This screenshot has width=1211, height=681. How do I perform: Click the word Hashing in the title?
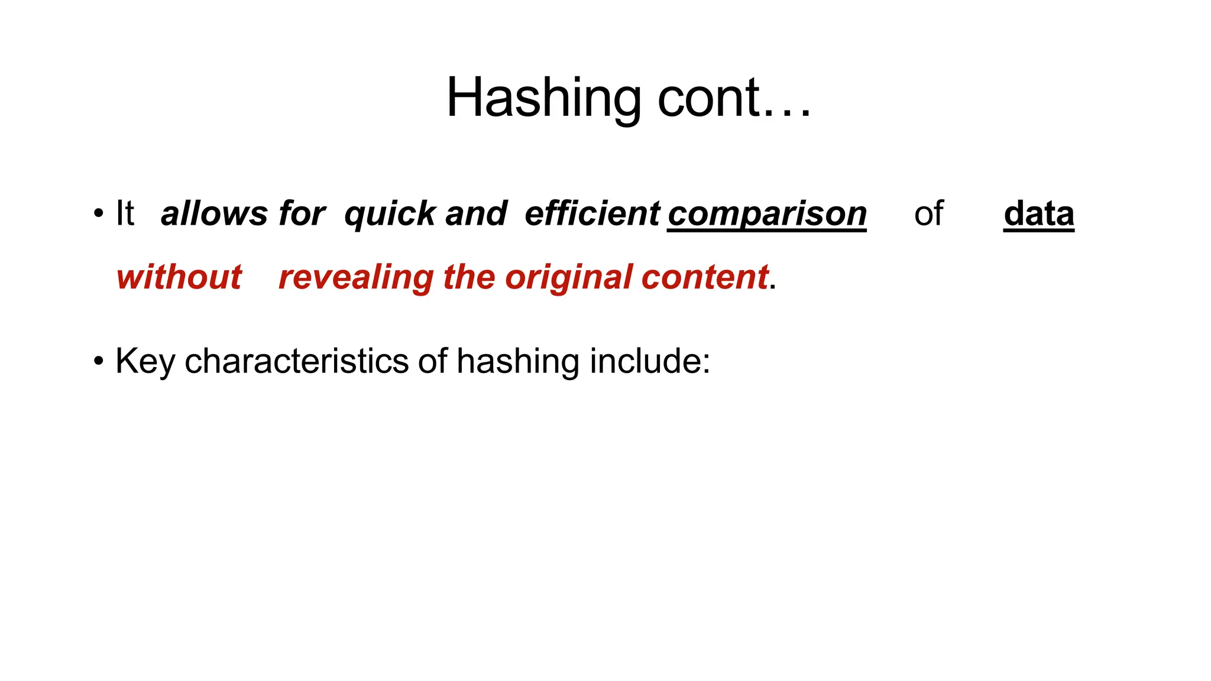tap(543, 99)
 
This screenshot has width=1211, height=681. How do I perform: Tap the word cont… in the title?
tap(734, 99)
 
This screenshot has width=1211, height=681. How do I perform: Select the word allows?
tap(214, 213)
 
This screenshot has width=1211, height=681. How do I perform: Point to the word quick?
tap(389, 214)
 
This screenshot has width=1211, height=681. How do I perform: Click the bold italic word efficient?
tap(592, 213)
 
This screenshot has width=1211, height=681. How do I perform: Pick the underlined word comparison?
tap(767, 214)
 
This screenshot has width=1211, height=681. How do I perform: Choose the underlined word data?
tap(1038, 213)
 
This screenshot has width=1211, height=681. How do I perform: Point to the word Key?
tap(145, 361)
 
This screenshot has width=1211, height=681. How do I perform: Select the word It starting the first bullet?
tap(125, 213)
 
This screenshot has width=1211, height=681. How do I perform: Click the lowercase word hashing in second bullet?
tap(517, 361)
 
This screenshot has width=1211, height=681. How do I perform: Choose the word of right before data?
tap(928, 213)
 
